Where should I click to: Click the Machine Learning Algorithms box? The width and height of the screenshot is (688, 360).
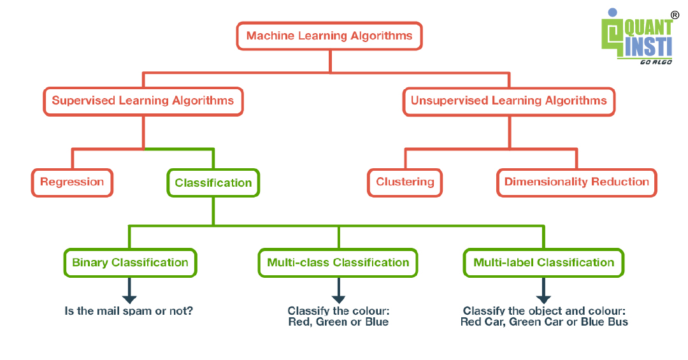pos(329,36)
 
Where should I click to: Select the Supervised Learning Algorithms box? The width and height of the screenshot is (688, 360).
pos(143,101)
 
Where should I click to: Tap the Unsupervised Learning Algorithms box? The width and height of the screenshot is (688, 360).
pos(509,101)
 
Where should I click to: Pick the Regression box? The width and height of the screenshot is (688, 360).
pos(72,182)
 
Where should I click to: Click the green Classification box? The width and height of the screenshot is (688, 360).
pos(213,183)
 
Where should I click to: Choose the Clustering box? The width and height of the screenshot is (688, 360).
pos(405,182)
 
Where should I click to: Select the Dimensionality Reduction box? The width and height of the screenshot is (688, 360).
pos(577,182)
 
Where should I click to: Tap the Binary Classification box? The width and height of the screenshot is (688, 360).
pos(130,263)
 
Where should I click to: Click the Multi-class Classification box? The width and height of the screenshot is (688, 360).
pos(338,263)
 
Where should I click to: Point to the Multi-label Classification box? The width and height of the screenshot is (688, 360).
pos(543,263)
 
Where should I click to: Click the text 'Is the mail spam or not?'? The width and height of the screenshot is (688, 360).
pos(129,312)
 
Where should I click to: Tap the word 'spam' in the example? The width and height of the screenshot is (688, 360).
pos(142,312)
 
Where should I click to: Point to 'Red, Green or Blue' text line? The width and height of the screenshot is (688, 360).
pos(338,322)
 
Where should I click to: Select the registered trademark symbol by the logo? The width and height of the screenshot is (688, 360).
pos(675,15)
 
